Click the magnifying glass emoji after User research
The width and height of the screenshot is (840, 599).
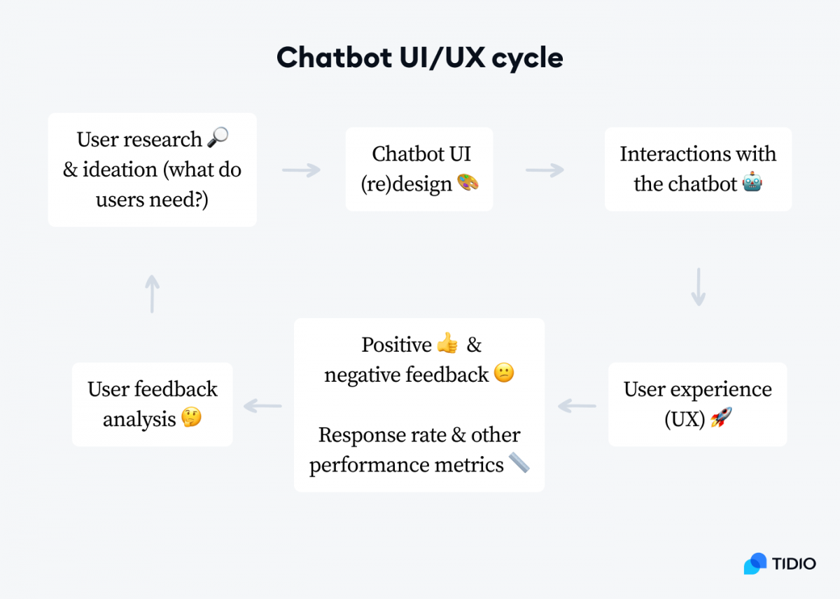218,139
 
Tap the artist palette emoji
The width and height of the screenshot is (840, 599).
468,184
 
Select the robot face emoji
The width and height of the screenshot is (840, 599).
752,184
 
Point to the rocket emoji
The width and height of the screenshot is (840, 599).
721,420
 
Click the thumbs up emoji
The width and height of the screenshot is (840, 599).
447,344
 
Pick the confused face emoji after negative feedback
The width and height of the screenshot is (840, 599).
504,373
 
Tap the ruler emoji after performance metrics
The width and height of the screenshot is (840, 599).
519,463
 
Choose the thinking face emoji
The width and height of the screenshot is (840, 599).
191,418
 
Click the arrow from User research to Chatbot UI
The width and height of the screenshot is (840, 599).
301,170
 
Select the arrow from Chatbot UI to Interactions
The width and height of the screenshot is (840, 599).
545,170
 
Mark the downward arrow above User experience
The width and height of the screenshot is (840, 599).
698,287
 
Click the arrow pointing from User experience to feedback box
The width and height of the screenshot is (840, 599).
577,405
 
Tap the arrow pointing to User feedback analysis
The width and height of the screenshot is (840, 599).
262,405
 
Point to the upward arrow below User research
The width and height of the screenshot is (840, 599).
152,294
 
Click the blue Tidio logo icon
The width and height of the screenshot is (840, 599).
755,563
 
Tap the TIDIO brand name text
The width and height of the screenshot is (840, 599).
794,563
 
